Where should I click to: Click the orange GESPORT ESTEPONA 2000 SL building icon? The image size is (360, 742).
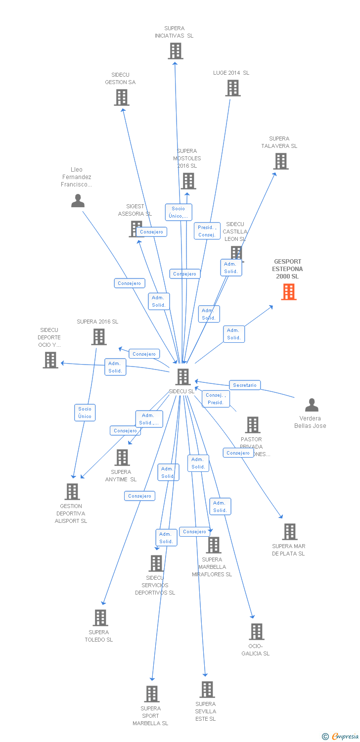(x=289, y=292)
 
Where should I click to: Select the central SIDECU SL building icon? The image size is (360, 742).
(x=183, y=377)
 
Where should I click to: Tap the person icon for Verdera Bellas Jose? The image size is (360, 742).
(x=312, y=405)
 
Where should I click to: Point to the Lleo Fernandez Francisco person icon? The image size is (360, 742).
(x=78, y=200)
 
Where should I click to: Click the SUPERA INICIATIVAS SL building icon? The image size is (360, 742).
(x=175, y=50)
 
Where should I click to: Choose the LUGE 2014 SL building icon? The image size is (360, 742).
(x=233, y=88)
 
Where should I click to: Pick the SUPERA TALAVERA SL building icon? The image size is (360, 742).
(x=280, y=161)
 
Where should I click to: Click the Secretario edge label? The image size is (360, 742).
(x=245, y=385)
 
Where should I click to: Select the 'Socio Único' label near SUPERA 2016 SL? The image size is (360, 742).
(x=85, y=413)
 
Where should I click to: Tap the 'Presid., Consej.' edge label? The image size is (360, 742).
(x=207, y=231)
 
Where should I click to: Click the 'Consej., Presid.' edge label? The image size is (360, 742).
(x=216, y=399)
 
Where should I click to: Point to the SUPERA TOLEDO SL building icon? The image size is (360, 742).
(x=100, y=618)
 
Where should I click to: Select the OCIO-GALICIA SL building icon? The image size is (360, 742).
(x=256, y=632)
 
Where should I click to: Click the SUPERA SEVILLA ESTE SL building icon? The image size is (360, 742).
(x=207, y=689)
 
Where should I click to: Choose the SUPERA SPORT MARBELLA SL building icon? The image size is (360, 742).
(x=152, y=694)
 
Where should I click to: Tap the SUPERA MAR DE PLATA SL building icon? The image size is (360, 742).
(x=289, y=532)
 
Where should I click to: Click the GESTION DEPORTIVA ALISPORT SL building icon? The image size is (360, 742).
(x=73, y=492)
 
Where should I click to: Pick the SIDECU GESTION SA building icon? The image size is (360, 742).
(x=122, y=97)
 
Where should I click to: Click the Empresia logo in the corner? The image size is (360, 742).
(x=341, y=737)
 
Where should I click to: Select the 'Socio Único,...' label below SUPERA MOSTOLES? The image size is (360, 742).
(x=179, y=212)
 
